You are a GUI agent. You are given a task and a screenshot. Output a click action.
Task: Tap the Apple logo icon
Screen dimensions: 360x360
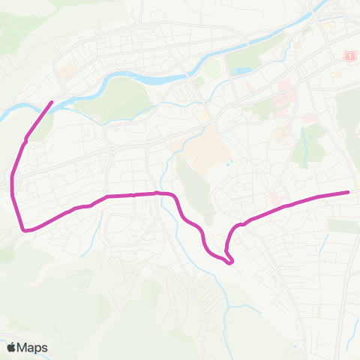(12, 347)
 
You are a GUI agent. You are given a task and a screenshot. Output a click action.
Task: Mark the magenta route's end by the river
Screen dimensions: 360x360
(52, 102)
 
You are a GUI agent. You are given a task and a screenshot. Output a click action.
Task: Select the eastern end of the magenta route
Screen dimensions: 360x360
(349, 192)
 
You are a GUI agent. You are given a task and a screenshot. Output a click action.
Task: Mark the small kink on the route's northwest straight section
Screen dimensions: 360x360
(27, 138)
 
